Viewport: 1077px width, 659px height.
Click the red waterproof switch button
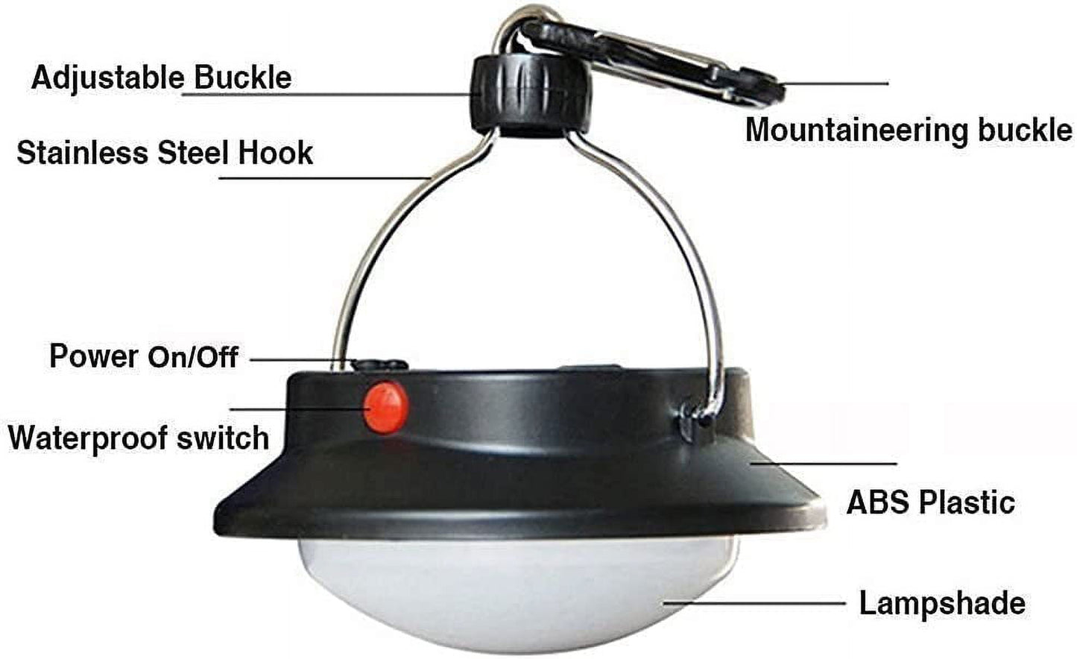click(x=386, y=407)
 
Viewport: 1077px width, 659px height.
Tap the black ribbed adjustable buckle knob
click(x=531, y=95)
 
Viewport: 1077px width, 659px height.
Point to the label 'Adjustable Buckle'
click(x=162, y=78)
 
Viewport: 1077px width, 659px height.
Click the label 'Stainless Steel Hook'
click(x=165, y=153)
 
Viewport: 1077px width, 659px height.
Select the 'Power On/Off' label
click(x=144, y=356)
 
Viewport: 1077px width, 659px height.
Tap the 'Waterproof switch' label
click(x=139, y=438)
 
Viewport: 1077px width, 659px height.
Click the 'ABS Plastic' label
click(x=931, y=502)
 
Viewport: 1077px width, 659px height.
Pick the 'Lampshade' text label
click(x=942, y=603)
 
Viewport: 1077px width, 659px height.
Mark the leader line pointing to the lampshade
click(x=754, y=602)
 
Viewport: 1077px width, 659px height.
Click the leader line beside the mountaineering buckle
click(x=834, y=83)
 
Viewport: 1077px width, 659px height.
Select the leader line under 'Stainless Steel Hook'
click(x=326, y=178)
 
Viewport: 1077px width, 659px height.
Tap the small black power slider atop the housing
click(x=380, y=365)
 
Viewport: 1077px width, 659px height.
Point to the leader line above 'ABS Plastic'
click(x=824, y=464)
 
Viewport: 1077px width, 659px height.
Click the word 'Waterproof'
click(x=87, y=438)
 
